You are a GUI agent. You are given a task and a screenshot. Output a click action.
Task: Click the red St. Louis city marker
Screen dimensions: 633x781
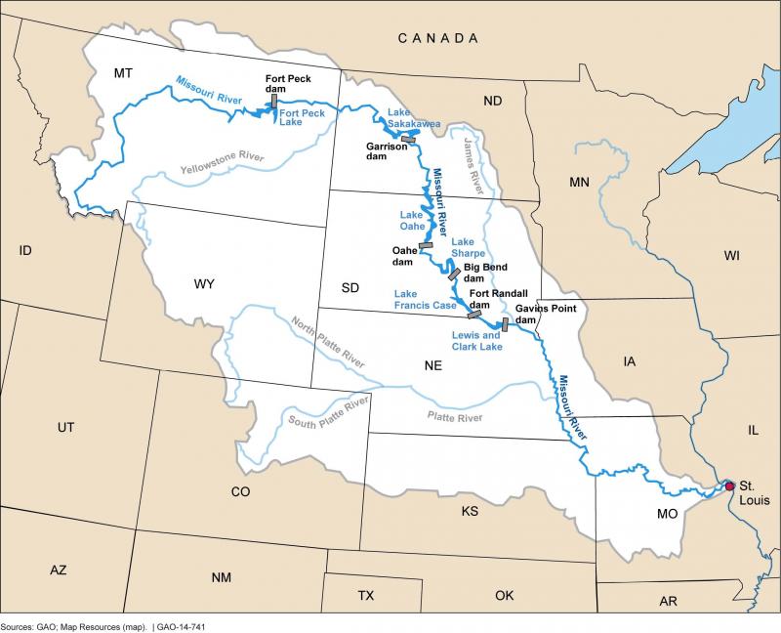click(x=728, y=485)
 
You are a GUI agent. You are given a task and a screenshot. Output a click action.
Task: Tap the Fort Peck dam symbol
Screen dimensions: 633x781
click(x=275, y=100)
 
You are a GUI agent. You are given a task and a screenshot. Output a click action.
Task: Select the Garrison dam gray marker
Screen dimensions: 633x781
click(x=408, y=140)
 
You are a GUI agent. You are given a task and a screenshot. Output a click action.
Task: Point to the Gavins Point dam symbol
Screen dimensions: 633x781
click(x=506, y=325)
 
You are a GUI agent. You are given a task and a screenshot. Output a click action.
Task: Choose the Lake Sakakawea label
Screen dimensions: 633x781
click(x=415, y=118)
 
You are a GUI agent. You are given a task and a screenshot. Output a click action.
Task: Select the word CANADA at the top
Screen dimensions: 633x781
click(x=437, y=38)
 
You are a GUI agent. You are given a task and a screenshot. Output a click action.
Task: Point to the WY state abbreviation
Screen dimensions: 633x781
click(x=204, y=284)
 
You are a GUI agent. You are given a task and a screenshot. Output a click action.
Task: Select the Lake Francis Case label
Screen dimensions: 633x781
click(x=428, y=299)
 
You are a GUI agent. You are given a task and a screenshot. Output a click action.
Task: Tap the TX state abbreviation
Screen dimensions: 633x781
click(x=365, y=595)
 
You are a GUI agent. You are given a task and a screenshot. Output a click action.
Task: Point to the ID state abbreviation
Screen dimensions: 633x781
click(x=25, y=251)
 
